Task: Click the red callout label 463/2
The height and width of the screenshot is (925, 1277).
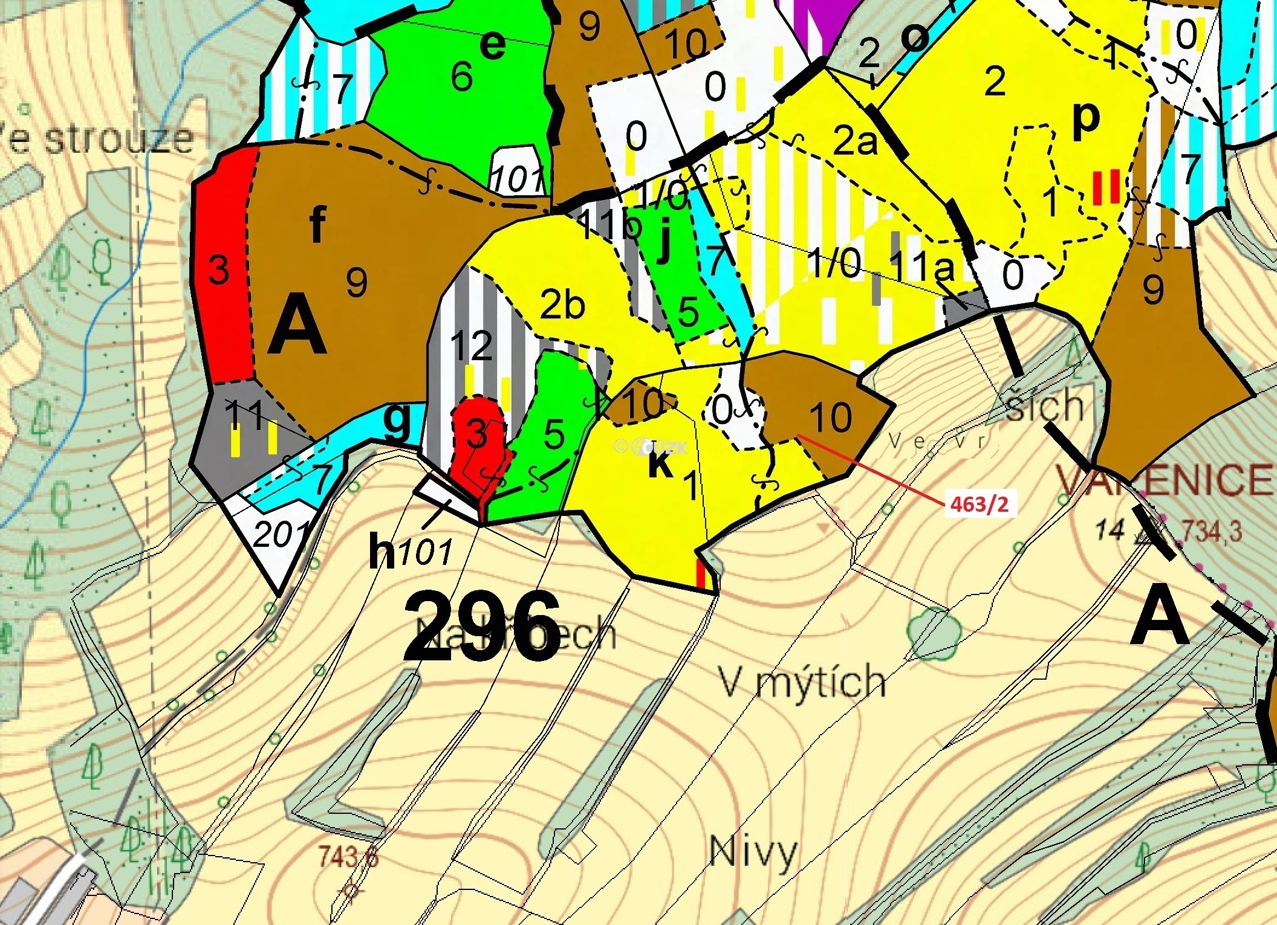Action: coord(980,504)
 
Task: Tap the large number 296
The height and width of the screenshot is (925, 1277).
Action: coord(482,628)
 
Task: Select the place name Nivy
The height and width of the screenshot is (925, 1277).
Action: coord(753,852)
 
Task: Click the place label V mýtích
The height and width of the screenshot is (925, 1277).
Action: coord(802,682)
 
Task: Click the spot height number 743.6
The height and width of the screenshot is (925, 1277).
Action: coord(348,857)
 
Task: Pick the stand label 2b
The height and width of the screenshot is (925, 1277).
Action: coord(562,305)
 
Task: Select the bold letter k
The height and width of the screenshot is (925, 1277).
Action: coord(660,465)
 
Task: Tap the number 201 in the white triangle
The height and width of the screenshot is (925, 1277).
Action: coord(279,534)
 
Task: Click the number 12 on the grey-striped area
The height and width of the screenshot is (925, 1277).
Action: coord(472,346)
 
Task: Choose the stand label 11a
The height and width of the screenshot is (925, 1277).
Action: coord(922,266)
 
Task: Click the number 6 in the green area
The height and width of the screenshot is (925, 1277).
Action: coord(461,77)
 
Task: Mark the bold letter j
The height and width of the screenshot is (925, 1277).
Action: coord(663,241)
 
